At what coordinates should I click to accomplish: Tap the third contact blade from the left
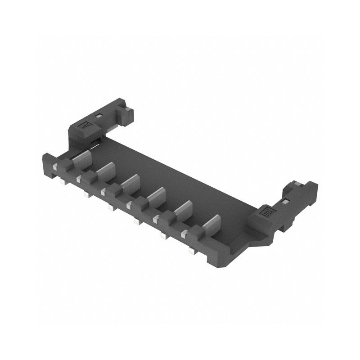pos(130,182)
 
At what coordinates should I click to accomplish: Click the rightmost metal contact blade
pos(211,224)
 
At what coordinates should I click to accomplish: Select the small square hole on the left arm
pos(99,116)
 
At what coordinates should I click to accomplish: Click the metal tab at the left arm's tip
pos(129,109)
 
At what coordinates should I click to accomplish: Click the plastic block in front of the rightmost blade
pos(195,232)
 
